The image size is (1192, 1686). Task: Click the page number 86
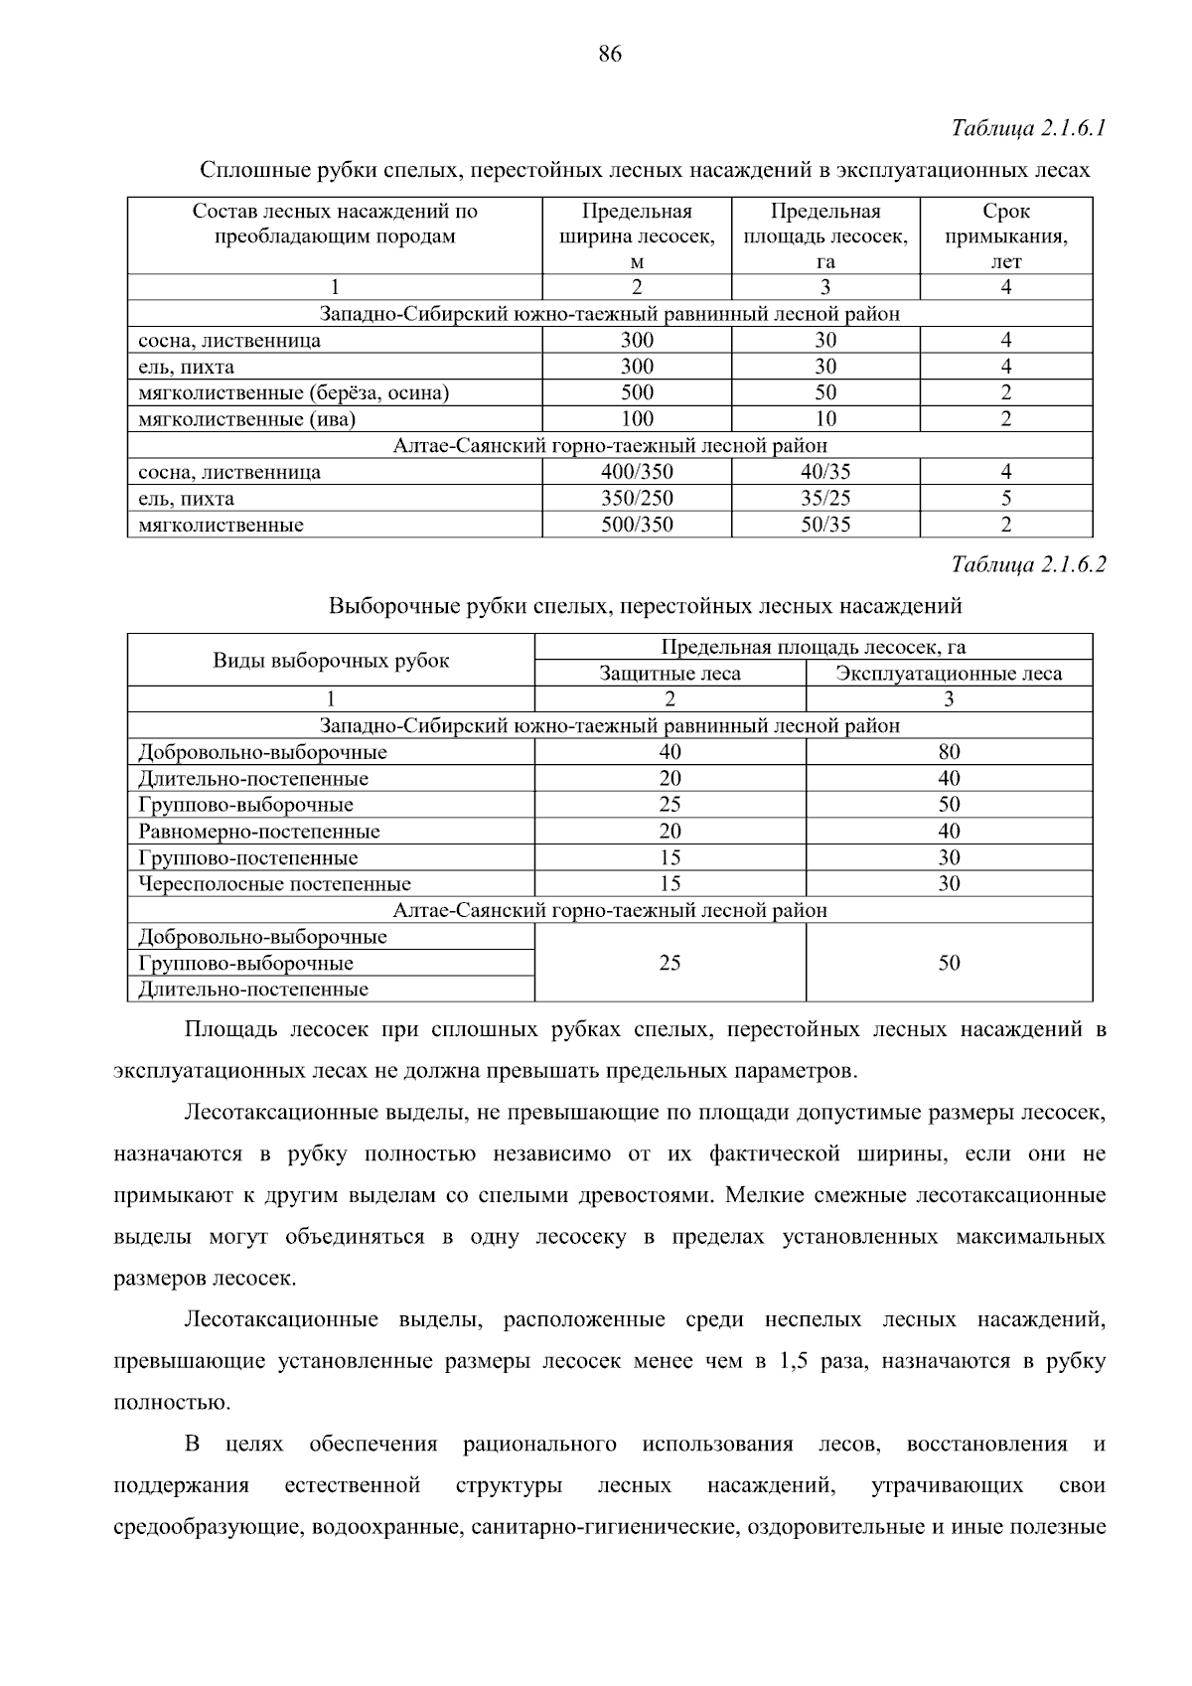point(610,55)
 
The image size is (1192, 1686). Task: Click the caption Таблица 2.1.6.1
point(1028,129)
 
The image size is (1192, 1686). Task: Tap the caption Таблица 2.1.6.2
point(1028,565)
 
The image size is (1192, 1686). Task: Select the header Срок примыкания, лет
point(1005,236)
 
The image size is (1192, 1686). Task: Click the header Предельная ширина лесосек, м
point(637,236)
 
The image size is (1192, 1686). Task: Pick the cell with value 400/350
point(637,472)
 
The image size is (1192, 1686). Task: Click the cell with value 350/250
point(637,499)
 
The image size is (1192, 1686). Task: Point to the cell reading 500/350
point(637,525)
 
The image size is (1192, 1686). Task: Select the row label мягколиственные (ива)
point(246,419)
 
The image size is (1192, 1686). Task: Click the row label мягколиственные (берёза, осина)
point(294,393)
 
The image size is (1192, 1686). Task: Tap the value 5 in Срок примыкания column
point(1005,499)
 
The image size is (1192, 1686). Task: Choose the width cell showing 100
point(637,419)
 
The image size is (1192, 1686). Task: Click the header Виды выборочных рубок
point(331,661)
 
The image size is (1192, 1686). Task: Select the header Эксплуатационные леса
point(949,674)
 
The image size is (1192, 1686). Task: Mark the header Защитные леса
point(670,674)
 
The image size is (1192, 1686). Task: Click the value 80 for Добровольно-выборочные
point(949,752)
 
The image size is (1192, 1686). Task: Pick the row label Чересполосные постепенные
point(274,884)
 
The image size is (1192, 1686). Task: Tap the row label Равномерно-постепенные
point(259,832)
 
